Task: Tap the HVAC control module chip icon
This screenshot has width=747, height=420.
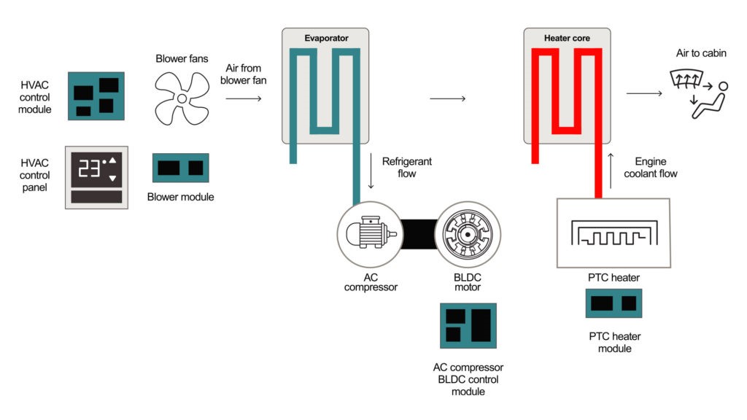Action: [x=96, y=96]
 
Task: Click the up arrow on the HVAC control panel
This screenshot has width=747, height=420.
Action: [x=112, y=160]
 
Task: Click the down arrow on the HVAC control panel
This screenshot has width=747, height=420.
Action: [x=112, y=178]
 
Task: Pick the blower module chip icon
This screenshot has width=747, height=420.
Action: [x=180, y=168]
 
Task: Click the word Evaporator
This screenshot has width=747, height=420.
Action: [x=325, y=37]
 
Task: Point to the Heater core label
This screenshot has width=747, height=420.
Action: [x=567, y=37]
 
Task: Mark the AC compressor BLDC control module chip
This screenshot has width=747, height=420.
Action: [x=468, y=325]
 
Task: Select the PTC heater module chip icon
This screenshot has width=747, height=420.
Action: [x=614, y=303]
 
